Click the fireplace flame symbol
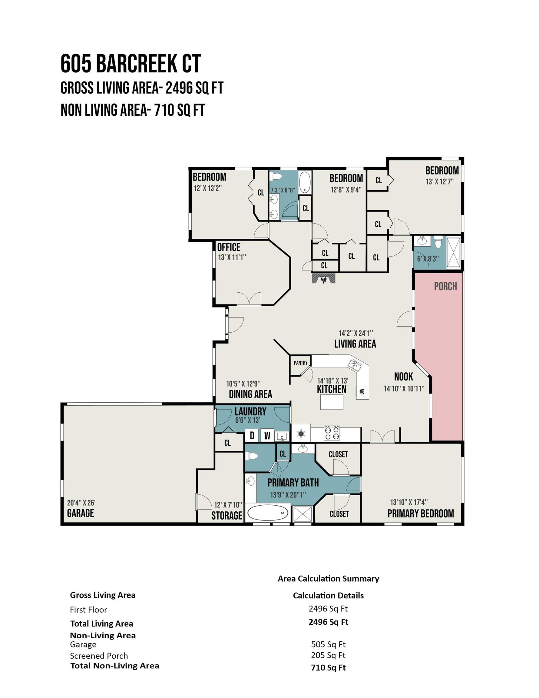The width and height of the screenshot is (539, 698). [324, 280]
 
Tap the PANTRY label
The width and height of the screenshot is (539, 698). [301, 363]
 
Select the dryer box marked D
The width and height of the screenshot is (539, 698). [252, 435]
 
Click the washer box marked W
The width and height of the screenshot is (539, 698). [267, 435]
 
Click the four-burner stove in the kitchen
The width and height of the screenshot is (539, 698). [332, 433]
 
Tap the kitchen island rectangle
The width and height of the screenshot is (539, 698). [332, 402]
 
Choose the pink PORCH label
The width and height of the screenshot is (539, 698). [445, 286]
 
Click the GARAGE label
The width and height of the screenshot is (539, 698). [81, 513]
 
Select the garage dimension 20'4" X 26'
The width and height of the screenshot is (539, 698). [81, 502]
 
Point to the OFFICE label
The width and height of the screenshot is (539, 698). [229, 247]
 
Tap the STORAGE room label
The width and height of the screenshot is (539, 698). [227, 515]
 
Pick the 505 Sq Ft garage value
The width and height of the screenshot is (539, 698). [329, 645]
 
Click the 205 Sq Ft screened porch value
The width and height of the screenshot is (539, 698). [329, 656]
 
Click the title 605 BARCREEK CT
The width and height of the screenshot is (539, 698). [131, 63]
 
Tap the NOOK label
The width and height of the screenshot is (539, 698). [404, 377]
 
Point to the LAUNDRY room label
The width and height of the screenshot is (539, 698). [250, 411]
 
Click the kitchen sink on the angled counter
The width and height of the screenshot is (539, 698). [355, 365]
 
